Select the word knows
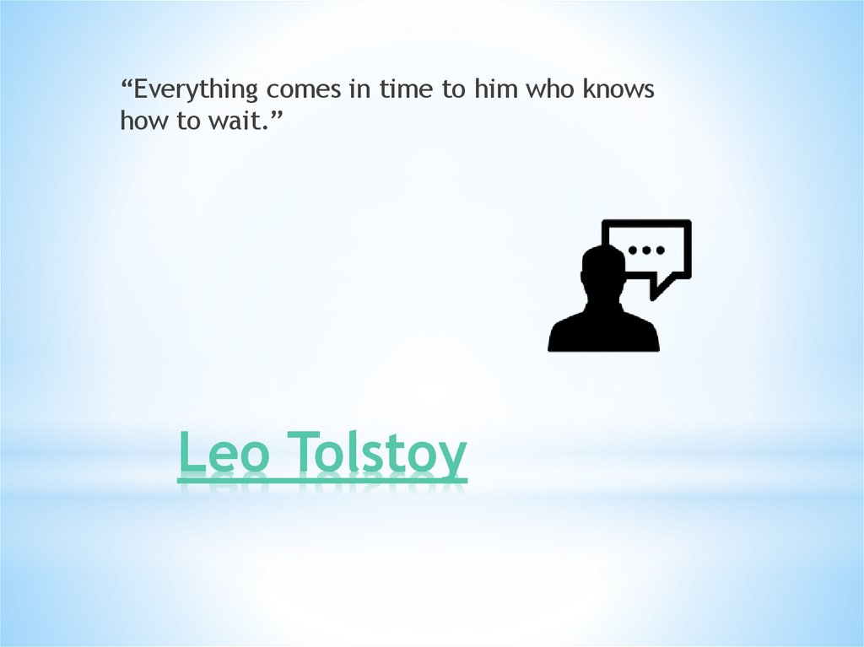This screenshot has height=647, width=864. (618, 89)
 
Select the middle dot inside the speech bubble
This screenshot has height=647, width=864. (646, 251)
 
